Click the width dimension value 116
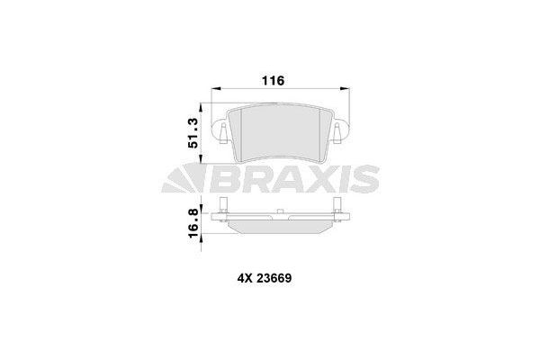[x=274, y=81]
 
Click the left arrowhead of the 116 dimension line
[x=214, y=89]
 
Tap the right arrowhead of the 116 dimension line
[x=343, y=89]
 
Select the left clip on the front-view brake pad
[x=221, y=133]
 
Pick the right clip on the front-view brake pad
[x=336, y=133]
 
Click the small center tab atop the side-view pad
[x=282, y=212]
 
